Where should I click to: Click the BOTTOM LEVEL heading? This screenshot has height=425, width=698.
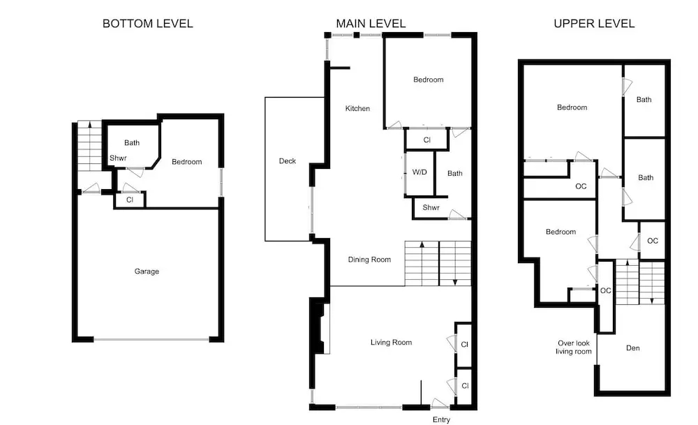[x=148, y=24]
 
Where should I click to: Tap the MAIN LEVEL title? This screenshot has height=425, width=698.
[x=371, y=24]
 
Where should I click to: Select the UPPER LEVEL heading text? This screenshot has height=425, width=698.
[x=594, y=24]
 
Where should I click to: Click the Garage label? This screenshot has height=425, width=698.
[x=147, y=271]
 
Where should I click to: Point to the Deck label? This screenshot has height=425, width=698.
[x=287, y=161]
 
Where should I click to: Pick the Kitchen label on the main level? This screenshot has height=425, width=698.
[x=357, y=109]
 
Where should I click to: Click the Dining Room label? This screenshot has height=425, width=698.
[x=369, y=260]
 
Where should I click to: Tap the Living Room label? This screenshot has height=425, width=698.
[x=392, y=343]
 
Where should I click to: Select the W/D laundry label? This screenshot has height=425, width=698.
[x=419, y=172]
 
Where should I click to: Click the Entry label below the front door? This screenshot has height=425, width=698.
[x=441, y=419]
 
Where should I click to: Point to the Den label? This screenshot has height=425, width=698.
[x=632, y=348]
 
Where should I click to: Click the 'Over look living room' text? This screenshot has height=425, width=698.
[x=573, y=347]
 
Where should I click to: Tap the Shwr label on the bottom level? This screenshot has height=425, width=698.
[x=118, y=158]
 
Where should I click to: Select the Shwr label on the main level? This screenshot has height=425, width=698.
[x=431, y=208]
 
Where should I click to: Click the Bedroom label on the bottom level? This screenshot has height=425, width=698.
[x=187, y=162]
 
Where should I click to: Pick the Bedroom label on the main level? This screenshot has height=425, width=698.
[x=429, y=80]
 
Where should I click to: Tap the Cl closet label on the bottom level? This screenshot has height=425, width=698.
[x=130, y=200]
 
